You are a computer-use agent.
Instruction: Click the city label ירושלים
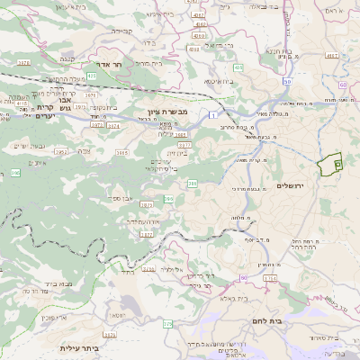(290, 184)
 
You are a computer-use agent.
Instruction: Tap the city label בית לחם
(262, 319)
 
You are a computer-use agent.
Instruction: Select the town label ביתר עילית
(78, 348)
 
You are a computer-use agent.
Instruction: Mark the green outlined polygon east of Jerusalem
(328, 165)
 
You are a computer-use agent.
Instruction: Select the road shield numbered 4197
(332, 56)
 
